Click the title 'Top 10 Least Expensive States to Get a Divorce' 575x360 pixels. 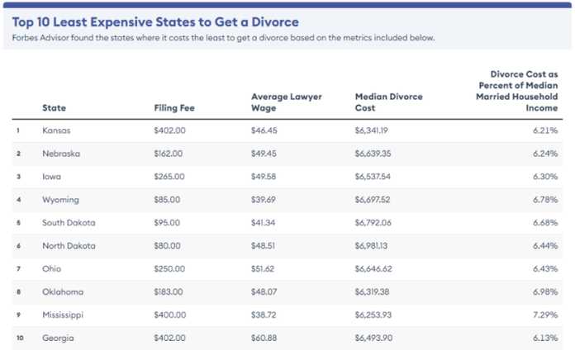coord(155,22)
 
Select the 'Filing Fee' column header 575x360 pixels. coord(174,108)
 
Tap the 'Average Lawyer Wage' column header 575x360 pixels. coord(287,102)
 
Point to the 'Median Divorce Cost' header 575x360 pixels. coord(389,102)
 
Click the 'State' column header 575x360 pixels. coord(54,108)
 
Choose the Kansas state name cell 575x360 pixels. coord(56,130)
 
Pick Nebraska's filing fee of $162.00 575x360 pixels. coord(169,154)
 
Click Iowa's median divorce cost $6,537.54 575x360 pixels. coord(373,177)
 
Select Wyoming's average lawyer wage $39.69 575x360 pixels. coord(264,200)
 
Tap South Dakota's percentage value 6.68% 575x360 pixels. coord(545,223)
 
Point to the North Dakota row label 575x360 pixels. coord(69,245)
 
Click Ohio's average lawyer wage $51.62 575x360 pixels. coord(263,268)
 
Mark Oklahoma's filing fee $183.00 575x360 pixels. coord(169,291)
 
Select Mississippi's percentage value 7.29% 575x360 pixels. coord(545,315)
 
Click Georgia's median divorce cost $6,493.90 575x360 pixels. coord(373,338)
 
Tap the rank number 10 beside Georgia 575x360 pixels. coord(20,338)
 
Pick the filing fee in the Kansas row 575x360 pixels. coord(170,130)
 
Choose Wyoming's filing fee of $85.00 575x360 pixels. coord(167,200)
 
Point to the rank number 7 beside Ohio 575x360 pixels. coord(18,268)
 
